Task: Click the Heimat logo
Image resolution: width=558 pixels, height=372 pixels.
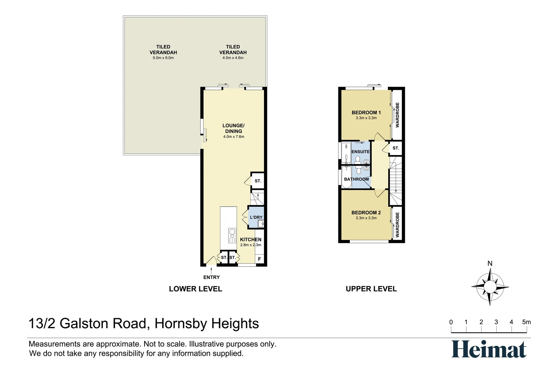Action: coord(489,349)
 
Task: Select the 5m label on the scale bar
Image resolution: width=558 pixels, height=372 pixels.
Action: coord(526,322)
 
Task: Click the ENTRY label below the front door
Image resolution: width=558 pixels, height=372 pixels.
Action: coord(211,277)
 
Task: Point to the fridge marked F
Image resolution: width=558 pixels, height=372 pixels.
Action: coord(259,259)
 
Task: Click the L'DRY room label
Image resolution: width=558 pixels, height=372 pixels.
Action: coord(256,217)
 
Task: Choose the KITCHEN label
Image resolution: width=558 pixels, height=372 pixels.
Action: coord(251,239)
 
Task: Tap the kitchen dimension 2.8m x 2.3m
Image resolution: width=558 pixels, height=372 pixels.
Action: coord(251,245)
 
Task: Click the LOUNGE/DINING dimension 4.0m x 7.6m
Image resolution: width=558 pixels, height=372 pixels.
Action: coord(234,137)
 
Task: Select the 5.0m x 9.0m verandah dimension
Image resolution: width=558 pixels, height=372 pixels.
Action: coord(163,58)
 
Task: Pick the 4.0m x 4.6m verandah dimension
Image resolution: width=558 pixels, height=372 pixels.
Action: coord(233,58)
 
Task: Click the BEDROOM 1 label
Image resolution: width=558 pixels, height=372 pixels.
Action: coord(366,112)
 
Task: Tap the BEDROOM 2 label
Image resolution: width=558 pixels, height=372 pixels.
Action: coord(366,213)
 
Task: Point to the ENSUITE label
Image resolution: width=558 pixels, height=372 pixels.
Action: coord(360,152)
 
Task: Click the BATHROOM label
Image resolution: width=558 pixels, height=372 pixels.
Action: coord(357,179)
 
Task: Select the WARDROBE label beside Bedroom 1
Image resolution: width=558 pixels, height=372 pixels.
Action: coord(397,115)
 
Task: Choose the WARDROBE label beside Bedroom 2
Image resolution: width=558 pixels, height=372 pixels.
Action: coord(397,225)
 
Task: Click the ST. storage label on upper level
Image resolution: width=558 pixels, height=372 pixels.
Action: coord(396,148)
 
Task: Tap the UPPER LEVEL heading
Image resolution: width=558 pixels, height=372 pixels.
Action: coord(371,289)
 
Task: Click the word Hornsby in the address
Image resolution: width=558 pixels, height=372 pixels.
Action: coord(181,323)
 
